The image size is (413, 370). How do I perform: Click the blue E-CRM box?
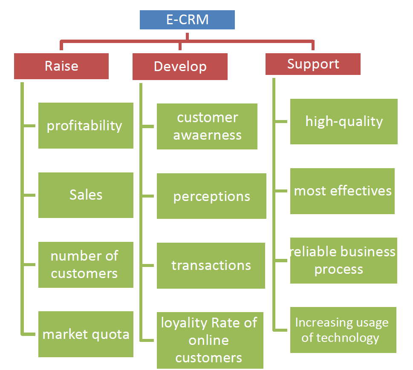tap(187, 20)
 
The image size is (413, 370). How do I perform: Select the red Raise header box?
tap(61, 66)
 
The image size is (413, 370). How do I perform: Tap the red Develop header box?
tap(180, 66)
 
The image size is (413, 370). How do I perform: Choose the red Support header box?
tap(313, 64)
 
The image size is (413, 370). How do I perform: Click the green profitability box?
tap(86, 126)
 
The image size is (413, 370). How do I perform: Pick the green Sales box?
tap(86, 195)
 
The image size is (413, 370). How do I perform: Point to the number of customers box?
tap(86, 265)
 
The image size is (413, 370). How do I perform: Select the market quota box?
tap(86, 334)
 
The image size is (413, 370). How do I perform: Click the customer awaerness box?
tap(207, 126)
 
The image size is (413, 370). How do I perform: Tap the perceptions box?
tap(211, 196)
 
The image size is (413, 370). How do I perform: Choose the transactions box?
tap(211, 266)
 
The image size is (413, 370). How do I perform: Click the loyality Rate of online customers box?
tap(210, 340)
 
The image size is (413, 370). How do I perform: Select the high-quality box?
tap(344, 122)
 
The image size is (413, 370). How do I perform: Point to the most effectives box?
tap(342, 191)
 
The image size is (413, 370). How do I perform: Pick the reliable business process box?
tap(344, 261)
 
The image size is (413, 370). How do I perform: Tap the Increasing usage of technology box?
tap(343, 330)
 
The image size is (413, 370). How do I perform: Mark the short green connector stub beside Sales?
tap(29, 195)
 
